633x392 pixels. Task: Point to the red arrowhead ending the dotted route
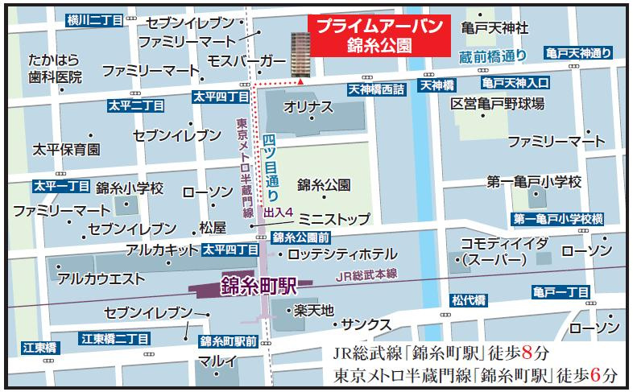click(x=300, y=80)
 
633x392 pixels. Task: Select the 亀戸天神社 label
click(x=495, y=28)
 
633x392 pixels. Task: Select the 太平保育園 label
click(x=66, y=150)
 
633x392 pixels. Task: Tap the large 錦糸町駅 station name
click(x=259, y=287)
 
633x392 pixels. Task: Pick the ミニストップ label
click(x=333, y=219)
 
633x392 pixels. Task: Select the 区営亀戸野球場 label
click(x=497, y=105)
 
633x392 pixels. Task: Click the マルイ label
click(x=217, y=360)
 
